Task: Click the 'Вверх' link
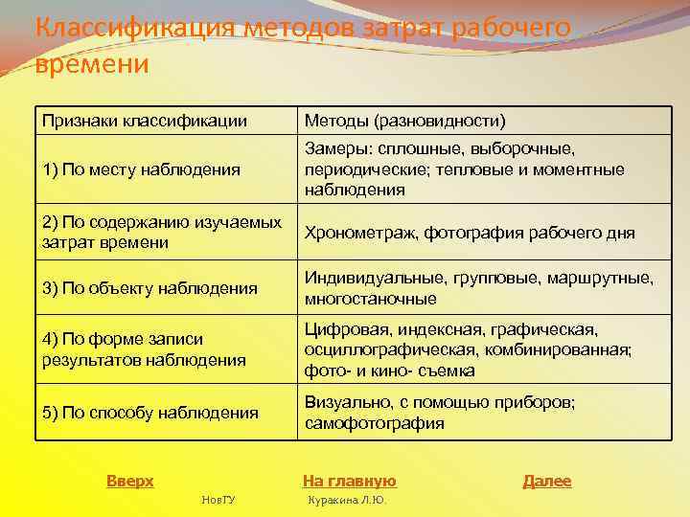129,481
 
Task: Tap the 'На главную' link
349,481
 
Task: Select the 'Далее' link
546,481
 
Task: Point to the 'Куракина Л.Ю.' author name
346,500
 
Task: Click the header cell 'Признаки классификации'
145,121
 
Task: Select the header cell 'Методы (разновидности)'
404,121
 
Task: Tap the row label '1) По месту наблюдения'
141,169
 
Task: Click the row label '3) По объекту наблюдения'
149,287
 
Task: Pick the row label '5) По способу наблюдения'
150,413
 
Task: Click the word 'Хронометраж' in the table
360,233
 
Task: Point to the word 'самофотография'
374,422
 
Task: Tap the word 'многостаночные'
371,298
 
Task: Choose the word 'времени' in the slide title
92,64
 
